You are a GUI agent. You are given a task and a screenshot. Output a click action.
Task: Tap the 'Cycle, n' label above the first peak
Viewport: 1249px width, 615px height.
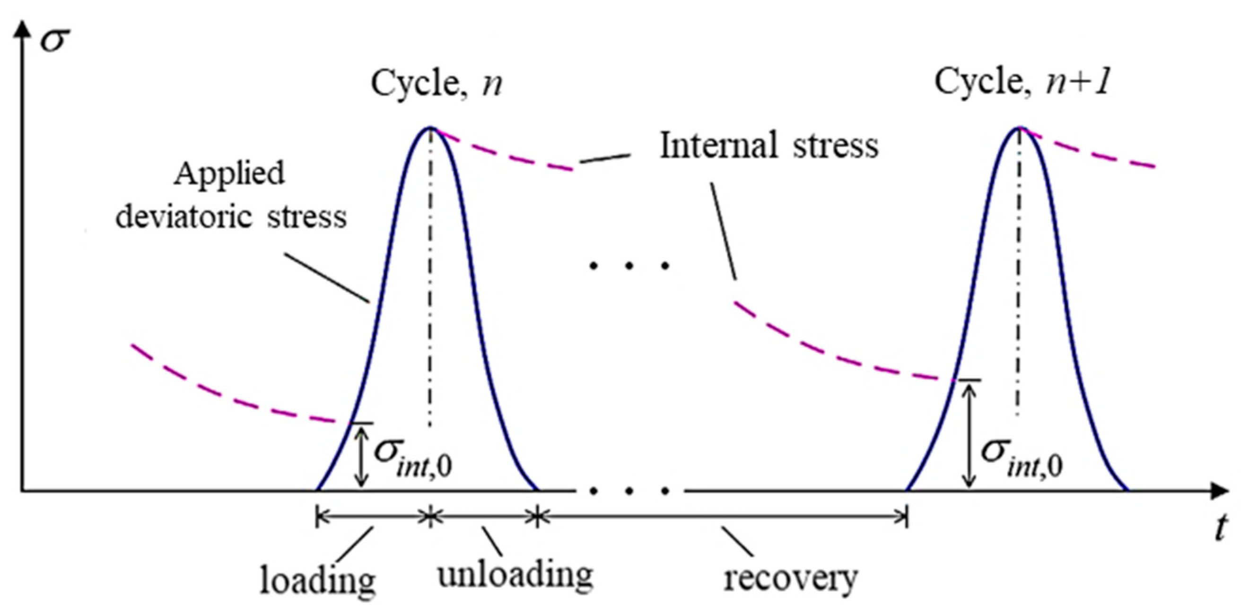(x=436, y=83)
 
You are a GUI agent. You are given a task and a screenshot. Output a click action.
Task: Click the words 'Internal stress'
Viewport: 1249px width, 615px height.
(x=769, y=146)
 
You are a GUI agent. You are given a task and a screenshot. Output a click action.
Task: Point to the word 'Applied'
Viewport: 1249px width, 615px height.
(x=229, y=173)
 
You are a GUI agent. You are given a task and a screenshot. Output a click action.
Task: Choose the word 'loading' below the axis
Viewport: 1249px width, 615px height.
(x=318, y=580)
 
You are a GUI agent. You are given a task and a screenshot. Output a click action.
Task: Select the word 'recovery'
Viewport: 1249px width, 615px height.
(x=790, y=578)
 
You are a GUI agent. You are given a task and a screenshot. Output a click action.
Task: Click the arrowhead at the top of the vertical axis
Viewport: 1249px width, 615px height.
(x=20, y=30)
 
